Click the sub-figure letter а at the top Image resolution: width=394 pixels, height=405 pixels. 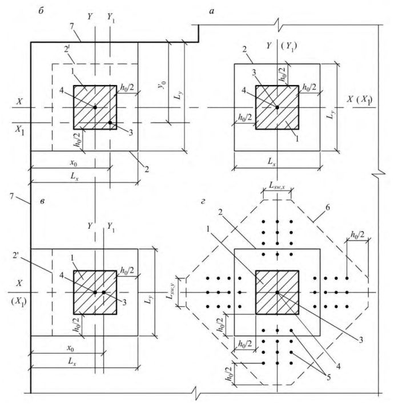(x=212, y=11)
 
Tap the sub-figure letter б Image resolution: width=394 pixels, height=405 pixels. (x=41, y=11)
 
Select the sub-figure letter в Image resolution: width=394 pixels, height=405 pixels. (x=42, y=201)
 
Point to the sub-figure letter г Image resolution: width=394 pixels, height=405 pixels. (x=203, y=201)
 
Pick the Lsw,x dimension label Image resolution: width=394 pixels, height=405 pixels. (x=277, y=185)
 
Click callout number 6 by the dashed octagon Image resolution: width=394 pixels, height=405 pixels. (x=327, y=208)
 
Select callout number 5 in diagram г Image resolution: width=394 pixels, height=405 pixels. (x=328, y=378)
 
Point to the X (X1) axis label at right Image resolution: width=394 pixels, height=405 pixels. (x=360, y=100)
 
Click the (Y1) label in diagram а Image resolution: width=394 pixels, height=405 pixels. (x=289, y=47)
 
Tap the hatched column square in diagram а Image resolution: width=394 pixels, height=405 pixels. (x=277, y=107)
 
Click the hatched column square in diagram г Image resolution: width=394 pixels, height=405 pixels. (x=277, y=293)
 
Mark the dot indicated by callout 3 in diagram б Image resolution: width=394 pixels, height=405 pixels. (x=110, y=123)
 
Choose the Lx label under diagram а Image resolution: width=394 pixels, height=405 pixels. (x=271, y=162)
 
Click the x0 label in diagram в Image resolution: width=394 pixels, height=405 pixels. (x=70, y=349)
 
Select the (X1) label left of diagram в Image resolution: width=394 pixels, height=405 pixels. (x=19, y=301)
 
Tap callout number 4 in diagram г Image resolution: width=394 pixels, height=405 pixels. (x=339, y=366)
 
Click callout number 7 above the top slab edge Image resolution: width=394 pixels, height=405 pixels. (x=72, y=26)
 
